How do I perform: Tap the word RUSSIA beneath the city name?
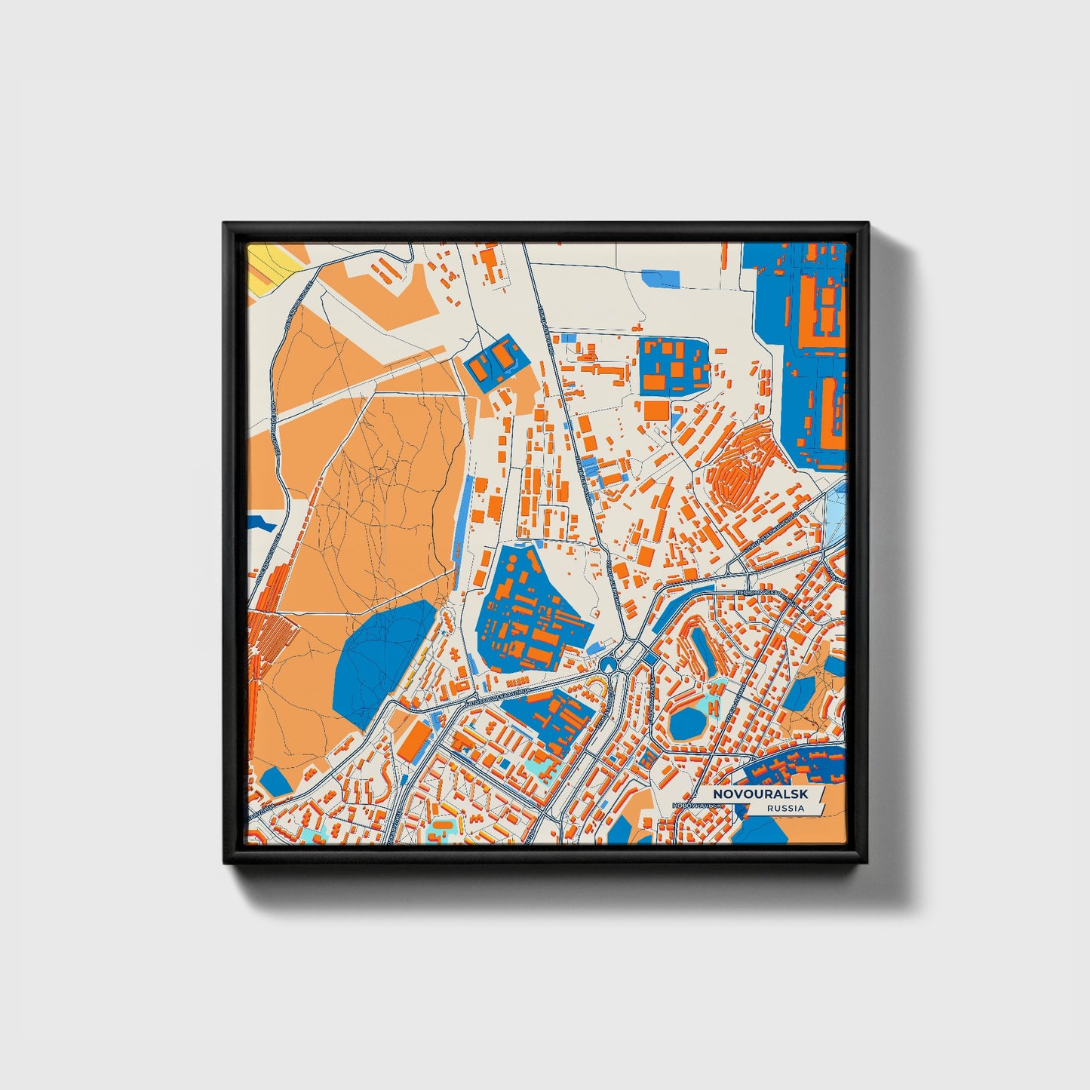pyautogui.click(x=784, y=809)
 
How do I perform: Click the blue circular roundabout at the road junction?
pyautogui.click(x=608, y=665)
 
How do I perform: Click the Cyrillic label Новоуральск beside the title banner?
pyautogui.click(x=699, y=806)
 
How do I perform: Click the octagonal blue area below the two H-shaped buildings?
pyautogui.click(x=686, y=722)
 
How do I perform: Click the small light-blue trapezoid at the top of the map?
pyautogui.click(x=660, y=278)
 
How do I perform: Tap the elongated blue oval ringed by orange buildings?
pyautogui.click(x=703, y=649)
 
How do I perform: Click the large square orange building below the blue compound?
pyautogui.click(x=655, y=411)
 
